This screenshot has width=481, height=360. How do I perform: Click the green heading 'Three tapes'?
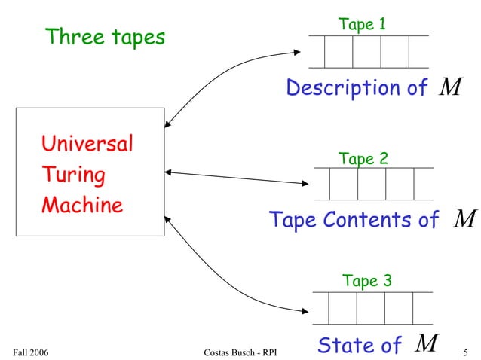click(x=105, y=37)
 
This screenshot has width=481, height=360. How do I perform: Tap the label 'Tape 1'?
click(x=363, y=24)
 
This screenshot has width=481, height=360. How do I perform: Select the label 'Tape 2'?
click(x=363, y=159)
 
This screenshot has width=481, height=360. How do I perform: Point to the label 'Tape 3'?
click(x=367, y=281)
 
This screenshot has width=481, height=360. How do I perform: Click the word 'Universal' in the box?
click(x=87, y=143)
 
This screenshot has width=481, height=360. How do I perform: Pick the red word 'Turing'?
click(x=73, y=175)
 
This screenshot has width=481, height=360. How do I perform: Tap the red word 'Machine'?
click(x=81, y=205)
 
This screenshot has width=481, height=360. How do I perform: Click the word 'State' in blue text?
click(x=348, y=345)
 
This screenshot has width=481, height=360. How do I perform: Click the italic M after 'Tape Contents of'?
click(x=465, y=219)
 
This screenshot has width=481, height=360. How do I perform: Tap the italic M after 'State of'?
click(x=427, y=343)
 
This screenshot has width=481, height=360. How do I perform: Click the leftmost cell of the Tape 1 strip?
click(x=338, y=51)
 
